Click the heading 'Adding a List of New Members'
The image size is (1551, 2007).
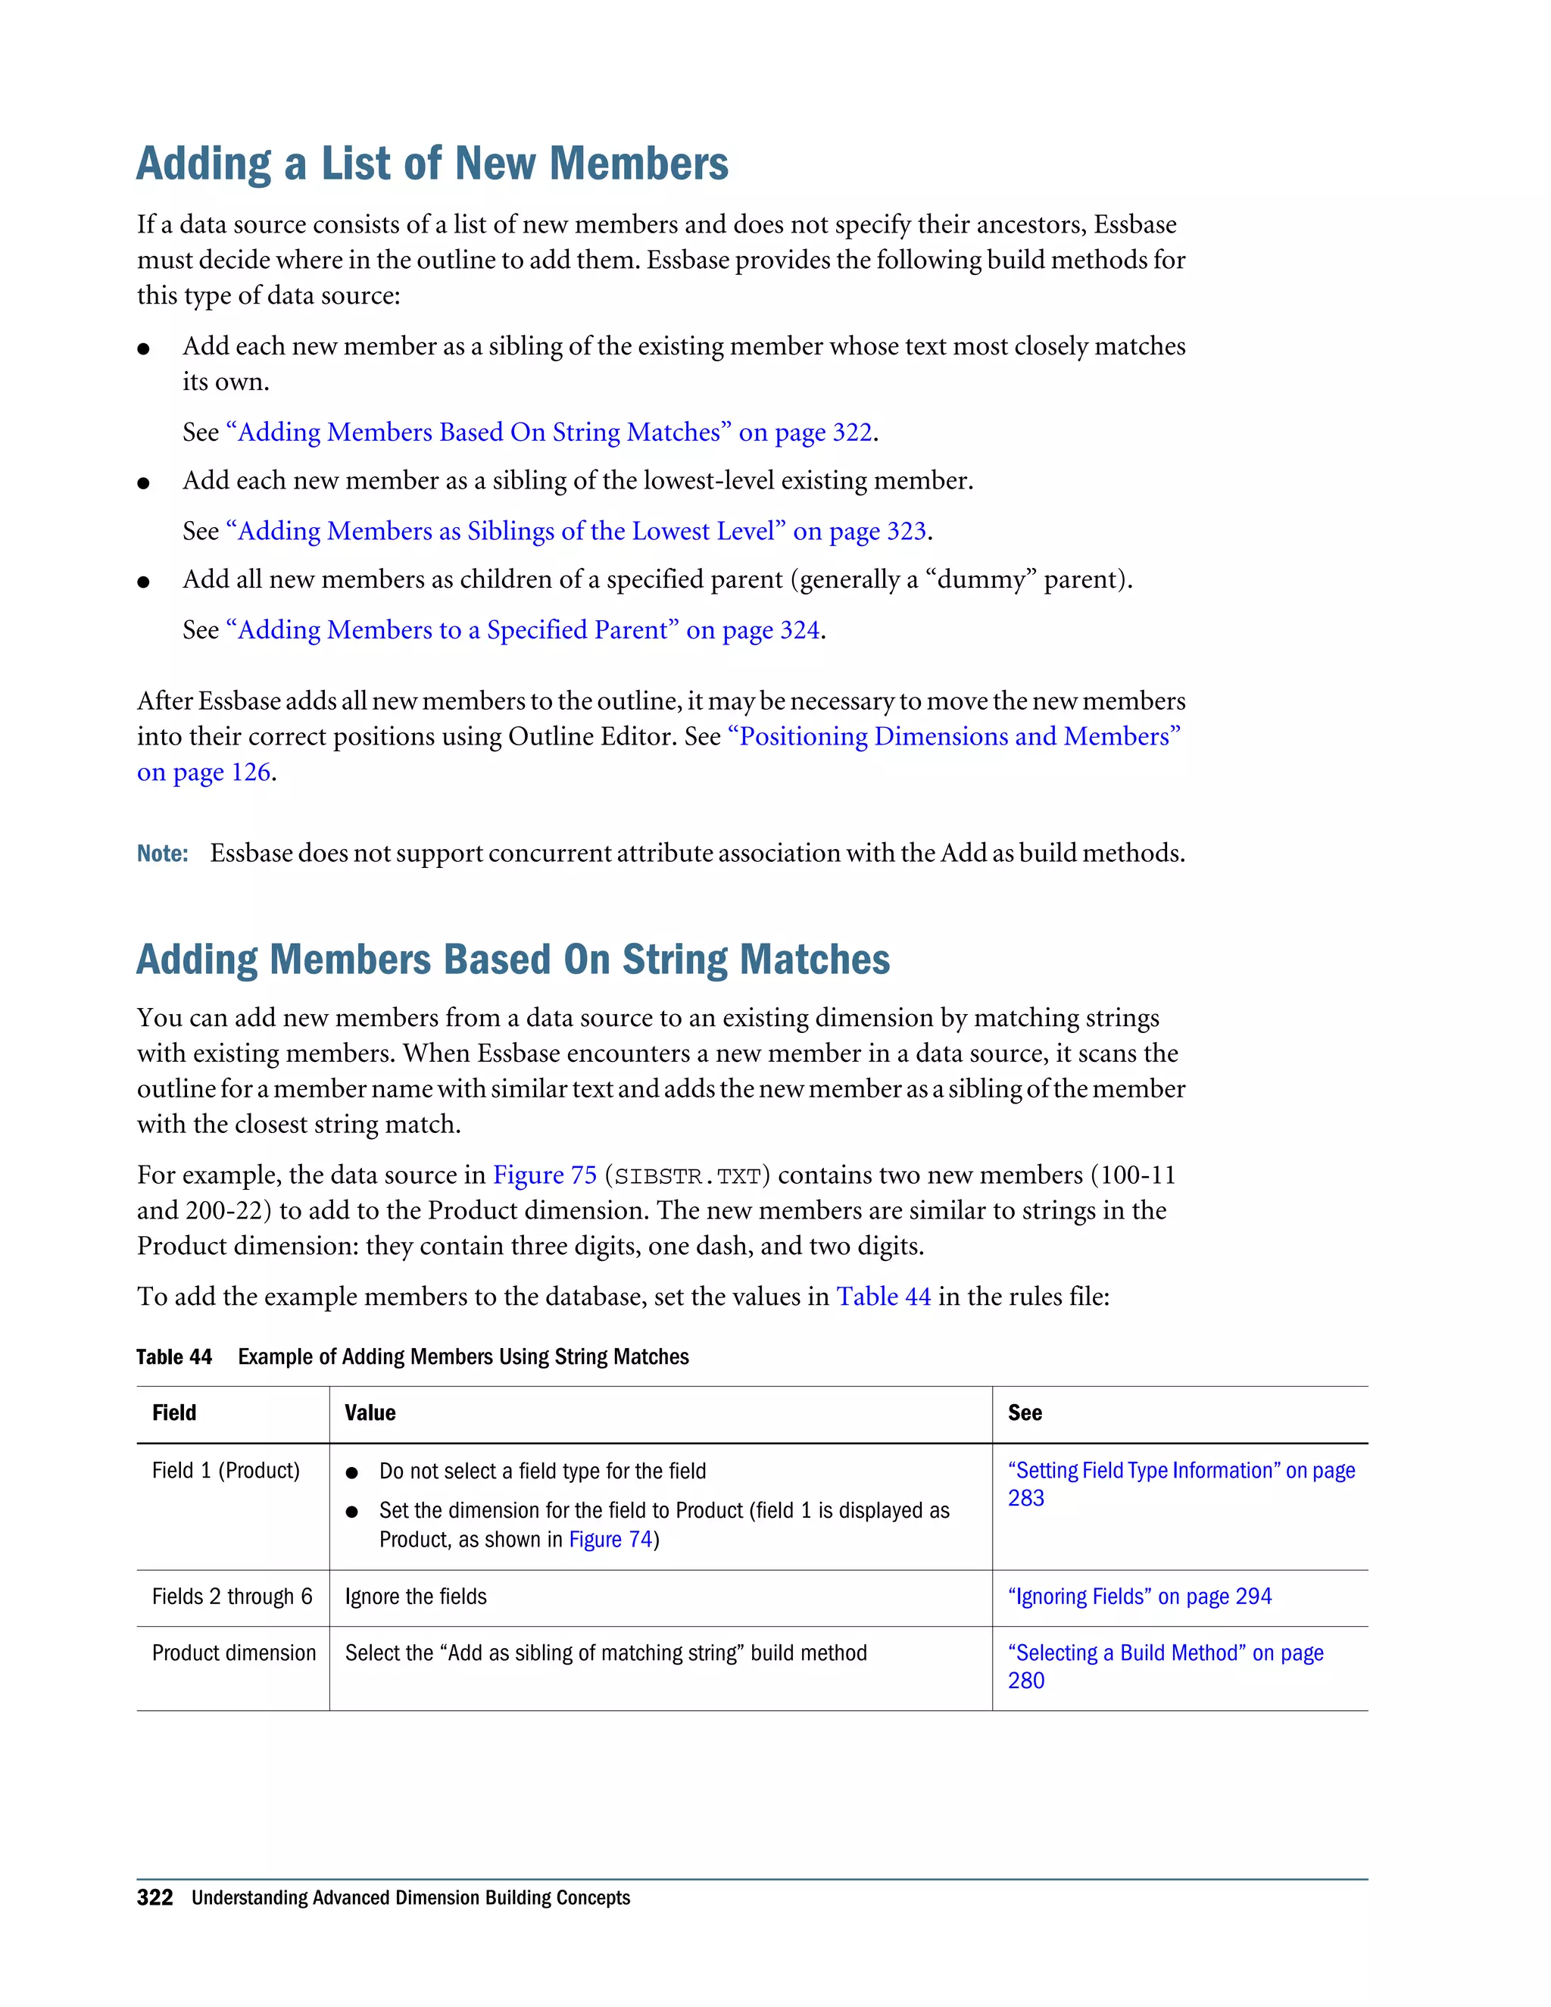click(x=432, y=164)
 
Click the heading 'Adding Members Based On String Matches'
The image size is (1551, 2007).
click(x=513, y=960)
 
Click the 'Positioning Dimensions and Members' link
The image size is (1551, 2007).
click(x=953, y=737)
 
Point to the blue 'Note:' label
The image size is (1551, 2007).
click(x=163, y=854)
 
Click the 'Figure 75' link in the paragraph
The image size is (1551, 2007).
click(x=545, y=1175)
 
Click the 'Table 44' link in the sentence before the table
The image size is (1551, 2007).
click(x=883, y=1297)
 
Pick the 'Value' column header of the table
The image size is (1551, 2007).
click(x=370, y=1413)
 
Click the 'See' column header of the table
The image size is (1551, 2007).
click(x=1025, y=1413)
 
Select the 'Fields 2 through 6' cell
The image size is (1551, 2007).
click(x=232, y=1597)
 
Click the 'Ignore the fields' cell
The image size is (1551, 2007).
click(x=415, y=1597)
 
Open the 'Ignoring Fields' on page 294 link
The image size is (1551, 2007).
click(x=1139, y=1597)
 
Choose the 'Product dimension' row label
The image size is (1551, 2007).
click(x=233, y=1653)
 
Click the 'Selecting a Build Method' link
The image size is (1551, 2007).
click(x=1165, y=1653)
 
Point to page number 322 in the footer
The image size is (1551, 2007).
click(x=154, y=1899)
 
